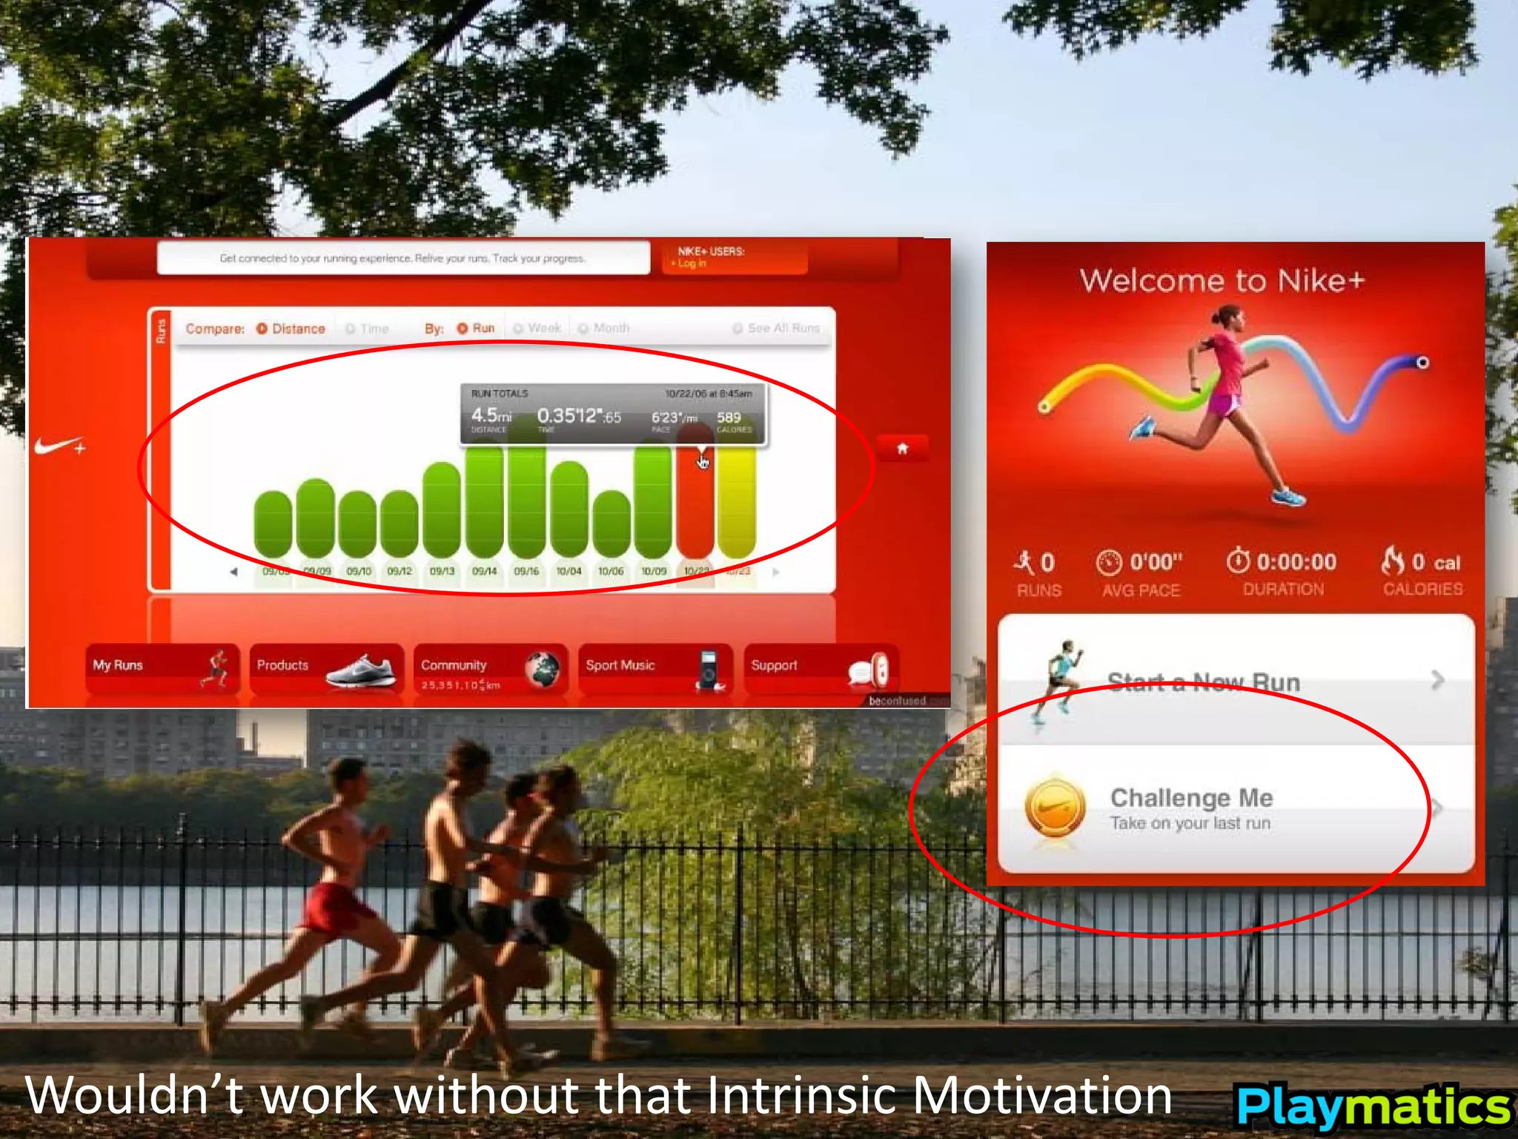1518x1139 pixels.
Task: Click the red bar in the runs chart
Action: (x=695, y=504)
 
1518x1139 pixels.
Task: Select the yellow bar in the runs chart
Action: (x=737, y=504)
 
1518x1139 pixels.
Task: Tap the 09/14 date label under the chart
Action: (x=484, y=571)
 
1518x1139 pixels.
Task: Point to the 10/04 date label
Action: (x=569, y=571)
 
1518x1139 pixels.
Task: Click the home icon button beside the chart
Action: (x=902, y=448)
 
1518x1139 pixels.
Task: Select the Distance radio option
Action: (x=291, y=329)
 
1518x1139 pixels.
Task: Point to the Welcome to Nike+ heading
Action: (x=1222, y=281)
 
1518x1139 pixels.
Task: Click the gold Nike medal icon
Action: (x=1055, y=807)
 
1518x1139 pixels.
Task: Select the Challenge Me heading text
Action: (x=1191, y=798)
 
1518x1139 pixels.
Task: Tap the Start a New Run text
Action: (x=1203, y=682)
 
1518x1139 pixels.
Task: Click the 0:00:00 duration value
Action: (x=1296, y=562)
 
